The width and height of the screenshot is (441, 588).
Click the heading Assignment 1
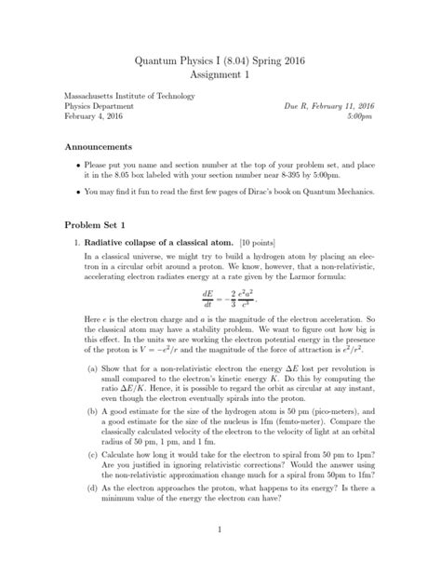pos(220,75)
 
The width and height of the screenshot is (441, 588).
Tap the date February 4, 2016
pos(94,117)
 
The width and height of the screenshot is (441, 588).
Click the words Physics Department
pos(100,106)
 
